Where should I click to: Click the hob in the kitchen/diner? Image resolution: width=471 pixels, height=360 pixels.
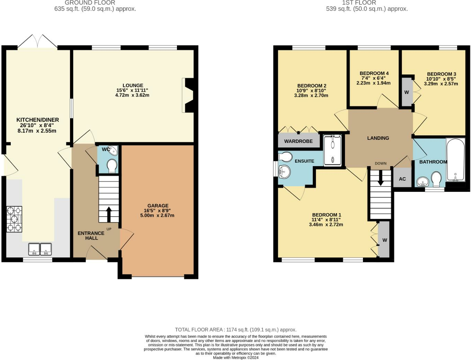click(14, 219)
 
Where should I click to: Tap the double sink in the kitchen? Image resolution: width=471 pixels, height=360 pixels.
click(40, 249)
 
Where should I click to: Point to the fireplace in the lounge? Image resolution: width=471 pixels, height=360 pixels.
click(188, 95)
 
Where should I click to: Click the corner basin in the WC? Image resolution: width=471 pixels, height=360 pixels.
click(113, 151)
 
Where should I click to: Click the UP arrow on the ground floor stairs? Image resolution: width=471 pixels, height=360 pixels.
click(109, 214)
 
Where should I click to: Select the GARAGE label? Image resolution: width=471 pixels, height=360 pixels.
click(158, 206)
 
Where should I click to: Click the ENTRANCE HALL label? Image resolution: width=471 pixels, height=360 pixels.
click(91, 236)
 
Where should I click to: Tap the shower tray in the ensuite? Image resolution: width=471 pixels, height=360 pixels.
click(332, 150)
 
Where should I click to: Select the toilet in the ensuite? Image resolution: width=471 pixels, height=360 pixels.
click(285, 156)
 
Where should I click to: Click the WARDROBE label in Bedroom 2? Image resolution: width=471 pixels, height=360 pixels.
click(298, 141)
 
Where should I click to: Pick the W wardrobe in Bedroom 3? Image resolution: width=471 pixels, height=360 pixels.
click(407, 92)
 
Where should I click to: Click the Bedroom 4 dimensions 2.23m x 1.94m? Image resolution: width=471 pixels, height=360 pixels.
click(374, 83)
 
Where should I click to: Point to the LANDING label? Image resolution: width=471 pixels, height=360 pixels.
click(378, 138)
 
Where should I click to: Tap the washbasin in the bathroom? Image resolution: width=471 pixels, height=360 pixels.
click(423, 182)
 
